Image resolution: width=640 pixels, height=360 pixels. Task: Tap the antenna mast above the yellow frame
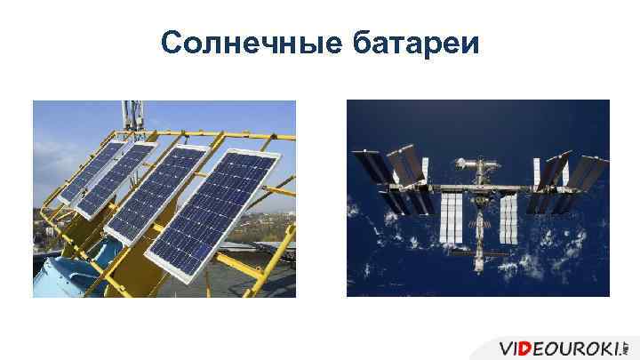click(x=134, y=116)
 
